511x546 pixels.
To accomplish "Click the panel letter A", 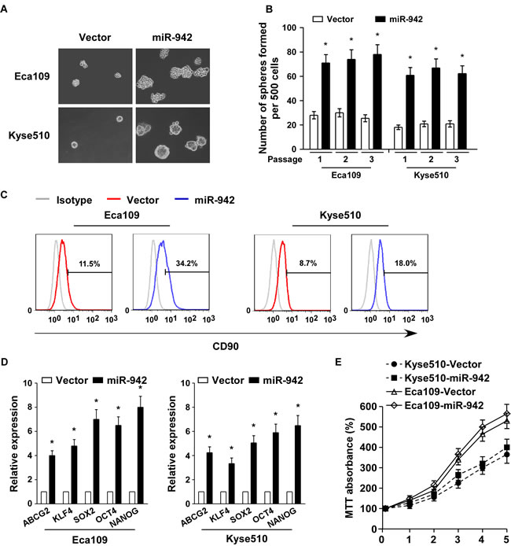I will pos(8,8).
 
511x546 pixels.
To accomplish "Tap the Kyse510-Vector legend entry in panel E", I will pos(449,363).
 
